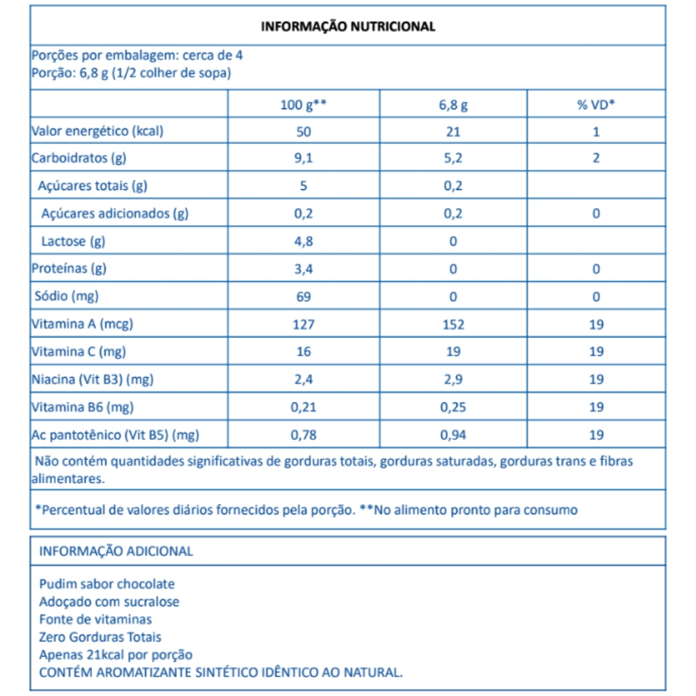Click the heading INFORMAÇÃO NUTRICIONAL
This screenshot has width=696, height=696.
pos(347,26)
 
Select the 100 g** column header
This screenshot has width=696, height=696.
pos(303,105)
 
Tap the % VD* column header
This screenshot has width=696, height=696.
pos(596,105)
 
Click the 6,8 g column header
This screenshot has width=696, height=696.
pos(453,105)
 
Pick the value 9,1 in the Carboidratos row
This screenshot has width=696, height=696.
pos(304,158)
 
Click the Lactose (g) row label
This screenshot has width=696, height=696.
pos(73,242)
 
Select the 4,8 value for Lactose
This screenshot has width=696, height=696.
pos(304,242)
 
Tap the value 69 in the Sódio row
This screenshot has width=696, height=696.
pos(304,296)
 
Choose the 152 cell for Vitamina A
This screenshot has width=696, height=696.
pos(453,324)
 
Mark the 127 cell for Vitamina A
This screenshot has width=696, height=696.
pos(304,324)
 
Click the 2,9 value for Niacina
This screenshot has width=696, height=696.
pos(453,380)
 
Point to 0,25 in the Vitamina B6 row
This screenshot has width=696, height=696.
pos(453,408)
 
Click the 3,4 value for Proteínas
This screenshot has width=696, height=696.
pos(304,269)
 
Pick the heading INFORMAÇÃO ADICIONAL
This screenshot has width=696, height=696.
pos(116,551)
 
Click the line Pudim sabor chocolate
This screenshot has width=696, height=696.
pos(107,584)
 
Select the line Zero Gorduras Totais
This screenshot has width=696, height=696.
pos(100,637)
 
